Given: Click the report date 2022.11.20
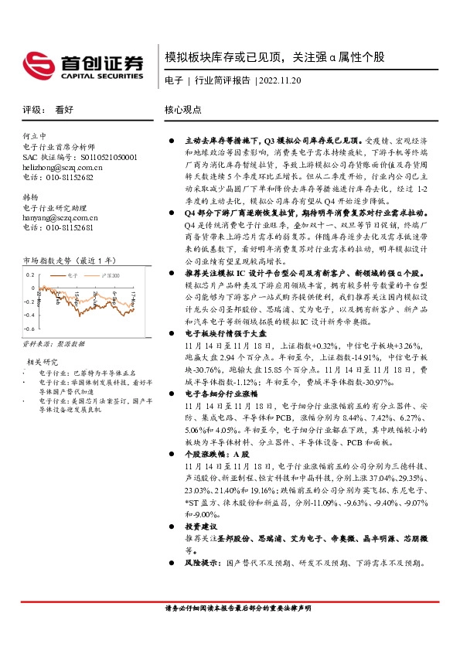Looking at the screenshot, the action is coord(281,80).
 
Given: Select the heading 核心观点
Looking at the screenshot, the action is coord(183,110).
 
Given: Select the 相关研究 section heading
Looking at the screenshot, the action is coord(43,362).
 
